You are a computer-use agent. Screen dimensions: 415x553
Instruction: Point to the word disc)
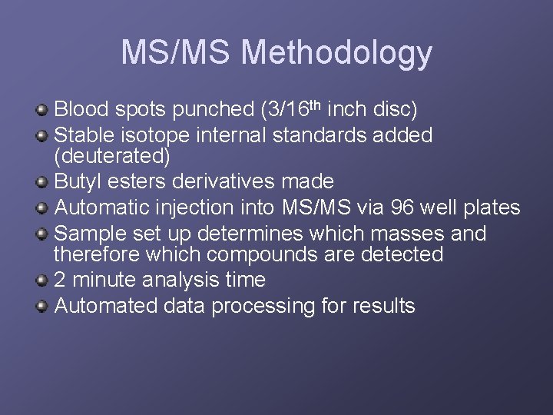[x=392, y=109]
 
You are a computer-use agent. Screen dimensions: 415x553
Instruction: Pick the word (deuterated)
[x=111, y=156]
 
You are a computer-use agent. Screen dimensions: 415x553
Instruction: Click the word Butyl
[x=79, y=181]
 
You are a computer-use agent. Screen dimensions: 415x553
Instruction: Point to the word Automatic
[x=103, y=207]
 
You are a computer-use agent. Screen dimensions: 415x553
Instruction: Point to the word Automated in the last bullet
[x=108, y=306]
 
